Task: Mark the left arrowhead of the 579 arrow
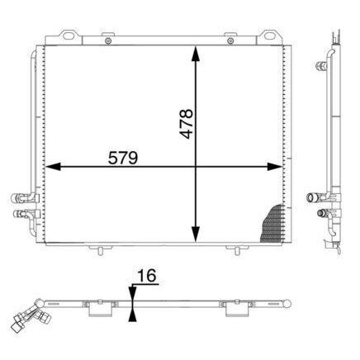[x=50, y=168]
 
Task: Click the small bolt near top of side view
[x=321, y=64]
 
